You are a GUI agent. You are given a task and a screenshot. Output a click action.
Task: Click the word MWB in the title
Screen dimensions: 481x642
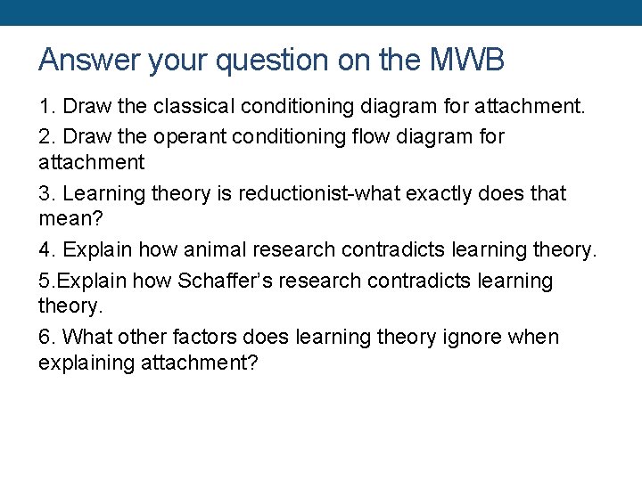click(x=467, y=60)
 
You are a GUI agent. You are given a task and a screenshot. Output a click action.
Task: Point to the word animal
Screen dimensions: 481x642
click(x=216, y=250)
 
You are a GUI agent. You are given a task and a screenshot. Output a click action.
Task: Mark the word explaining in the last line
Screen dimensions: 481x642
click(x=87, y=363)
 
